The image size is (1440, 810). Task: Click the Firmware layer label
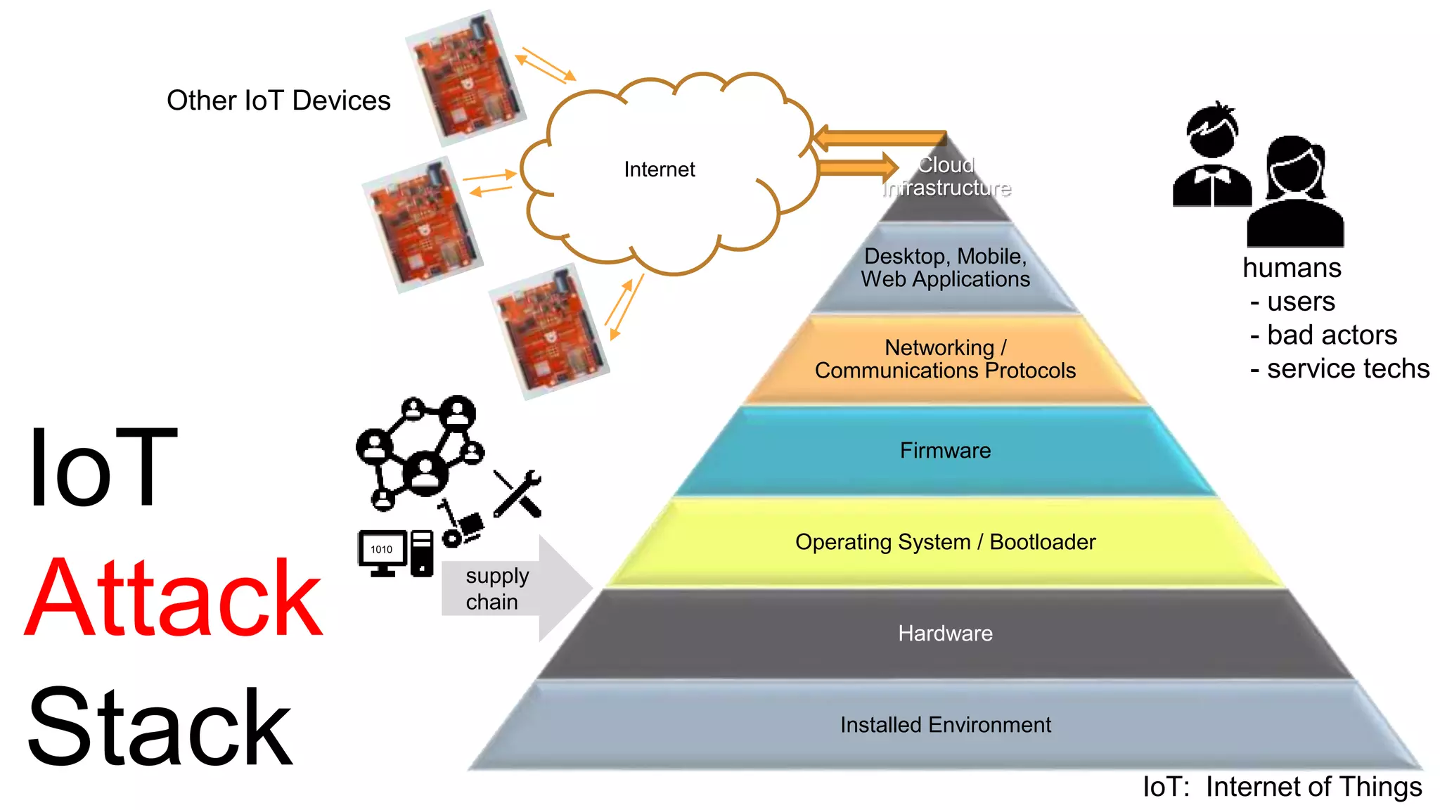[x=945, y=451]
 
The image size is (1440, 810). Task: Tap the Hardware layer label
[x=945, y=634]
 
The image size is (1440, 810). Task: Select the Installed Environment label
[x=945, y=725]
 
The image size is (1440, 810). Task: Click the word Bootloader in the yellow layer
[x=1042, y=542]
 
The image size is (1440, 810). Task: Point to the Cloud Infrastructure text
[x=946, y=176]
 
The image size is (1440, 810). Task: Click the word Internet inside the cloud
[x=659, y=169]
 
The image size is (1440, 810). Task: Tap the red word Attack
[x=174, y=598]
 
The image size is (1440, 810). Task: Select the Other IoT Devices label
[x=278, y=101]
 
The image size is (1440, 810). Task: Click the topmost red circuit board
[x=465, y=77]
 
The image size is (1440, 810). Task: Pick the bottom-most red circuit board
[x=548, y=332]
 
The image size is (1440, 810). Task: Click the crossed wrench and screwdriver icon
[x=518, y=494]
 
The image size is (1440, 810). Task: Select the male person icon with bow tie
[x=1211, y=158]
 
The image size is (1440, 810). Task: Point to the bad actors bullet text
[x=1323, y=335]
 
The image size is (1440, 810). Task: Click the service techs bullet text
[x=1339, y=369]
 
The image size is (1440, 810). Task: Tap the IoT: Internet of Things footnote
[x=1282, y=787]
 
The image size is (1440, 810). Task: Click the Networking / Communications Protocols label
[x=945, y=359]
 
